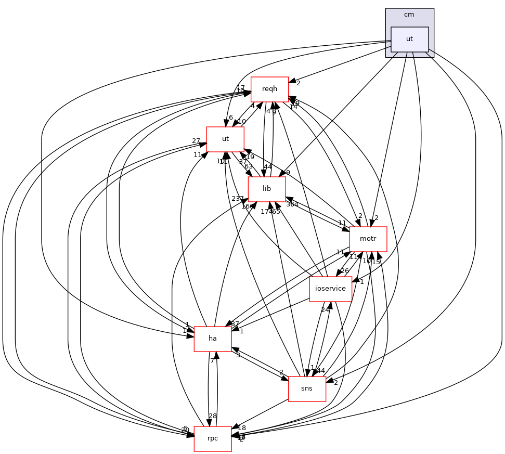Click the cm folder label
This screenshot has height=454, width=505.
coord(409,15)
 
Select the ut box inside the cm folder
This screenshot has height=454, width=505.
coord(409,39)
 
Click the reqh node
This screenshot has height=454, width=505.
coord(269,89)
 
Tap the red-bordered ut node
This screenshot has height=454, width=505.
coord(225,139)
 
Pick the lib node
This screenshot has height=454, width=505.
coord(267,189)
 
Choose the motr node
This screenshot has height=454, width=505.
coord(368,239)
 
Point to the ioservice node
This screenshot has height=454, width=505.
coord(330,289)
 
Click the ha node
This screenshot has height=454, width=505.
coord(213,339)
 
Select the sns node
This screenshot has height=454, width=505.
coord(307,388)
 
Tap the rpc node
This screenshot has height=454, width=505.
coord(213,438)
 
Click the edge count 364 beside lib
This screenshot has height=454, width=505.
coord(292,204)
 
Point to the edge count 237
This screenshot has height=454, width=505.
coord(238,199)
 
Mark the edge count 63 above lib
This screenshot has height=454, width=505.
coord(249,167)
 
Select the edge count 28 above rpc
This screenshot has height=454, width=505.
coord(212,416)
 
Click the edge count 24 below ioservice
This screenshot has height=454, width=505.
coord(326,310)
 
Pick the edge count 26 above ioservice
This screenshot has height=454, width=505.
coord(345,271)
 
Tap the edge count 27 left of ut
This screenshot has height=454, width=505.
coord(196,141)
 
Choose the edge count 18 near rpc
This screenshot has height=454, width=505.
coord(242,428)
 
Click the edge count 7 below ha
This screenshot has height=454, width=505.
coord(212,361)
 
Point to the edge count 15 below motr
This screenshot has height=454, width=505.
coord(376,262)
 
